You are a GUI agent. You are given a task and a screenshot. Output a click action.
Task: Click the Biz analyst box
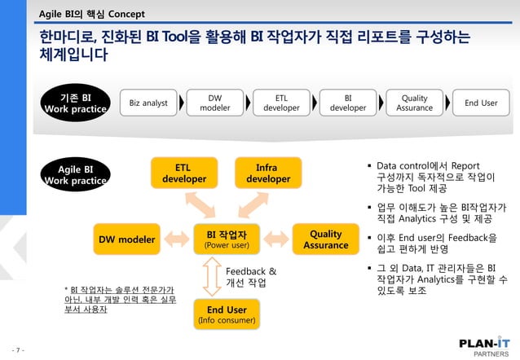(149, 103)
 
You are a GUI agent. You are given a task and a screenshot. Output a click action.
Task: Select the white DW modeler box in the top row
(215, 103)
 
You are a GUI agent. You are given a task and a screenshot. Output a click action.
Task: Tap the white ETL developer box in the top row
(281, 103)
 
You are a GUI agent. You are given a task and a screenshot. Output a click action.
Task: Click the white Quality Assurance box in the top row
(414, 103)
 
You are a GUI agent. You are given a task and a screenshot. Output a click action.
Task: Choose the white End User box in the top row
(481, 103)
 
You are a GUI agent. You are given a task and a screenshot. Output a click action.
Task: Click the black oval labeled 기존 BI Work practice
(75, 103)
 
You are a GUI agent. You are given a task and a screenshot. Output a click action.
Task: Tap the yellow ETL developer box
(183, 173)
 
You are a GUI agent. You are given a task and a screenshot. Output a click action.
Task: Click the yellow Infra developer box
(268, 173)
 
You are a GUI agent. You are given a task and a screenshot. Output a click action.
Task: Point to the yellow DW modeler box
(127, 239)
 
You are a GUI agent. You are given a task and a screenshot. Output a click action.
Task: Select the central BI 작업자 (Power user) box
(227, 239)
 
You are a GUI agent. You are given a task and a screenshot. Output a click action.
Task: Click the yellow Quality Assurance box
(325, 239)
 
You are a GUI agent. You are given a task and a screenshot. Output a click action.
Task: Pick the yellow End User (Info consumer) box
(227, 314)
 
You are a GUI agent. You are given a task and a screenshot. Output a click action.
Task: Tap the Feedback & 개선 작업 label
(250, 277)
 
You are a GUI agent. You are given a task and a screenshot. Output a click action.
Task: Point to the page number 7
(17, 351)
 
